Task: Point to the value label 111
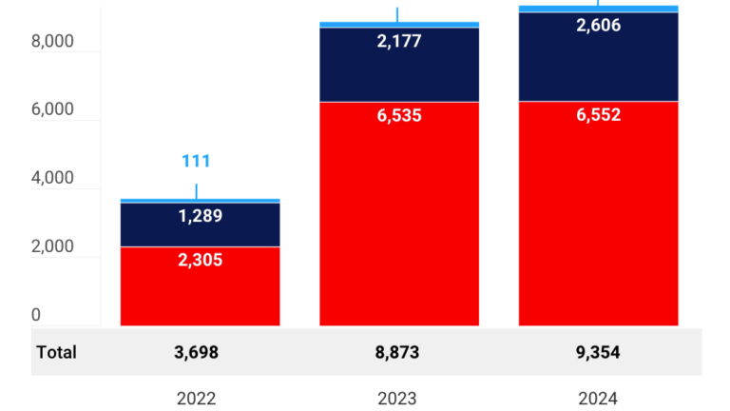[x=196, y=161]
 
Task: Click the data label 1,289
[x=200, y=216]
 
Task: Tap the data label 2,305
[x=200, y=259]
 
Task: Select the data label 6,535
[x=398, y=115]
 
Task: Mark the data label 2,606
[x=598, y=26]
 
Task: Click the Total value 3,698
[x=196, y=352]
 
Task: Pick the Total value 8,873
[x=398, y=352]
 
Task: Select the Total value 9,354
[x=598, y=352]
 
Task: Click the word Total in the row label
[x=56, y=352]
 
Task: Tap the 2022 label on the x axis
[x=196, y=399]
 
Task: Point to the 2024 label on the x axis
[x=598, y=399]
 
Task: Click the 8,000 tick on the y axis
[x=52, y=42]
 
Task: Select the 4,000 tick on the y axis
[x=52, y=178]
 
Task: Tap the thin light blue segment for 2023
[x=398, y=25]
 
